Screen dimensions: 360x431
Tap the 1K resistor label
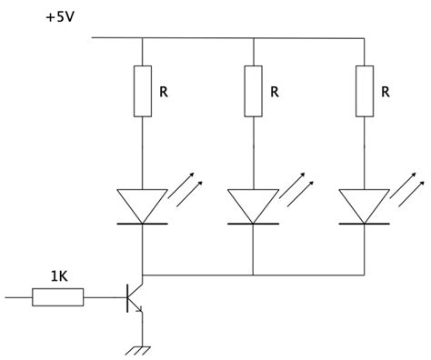click(59, 275)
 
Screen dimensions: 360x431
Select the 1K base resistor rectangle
click(58, 295)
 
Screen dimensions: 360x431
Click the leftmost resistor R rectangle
click(143, 91)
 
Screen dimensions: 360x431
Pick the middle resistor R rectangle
click(252, 91)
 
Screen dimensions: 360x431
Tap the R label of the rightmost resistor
click(386, 93)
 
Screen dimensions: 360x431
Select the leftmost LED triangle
click(143, 204)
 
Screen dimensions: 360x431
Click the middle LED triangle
click(252, 204)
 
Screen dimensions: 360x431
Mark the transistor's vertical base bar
click(125, 295)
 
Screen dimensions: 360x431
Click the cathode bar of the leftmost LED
click(143, 222)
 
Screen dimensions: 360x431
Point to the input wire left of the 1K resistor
click(18, 295)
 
